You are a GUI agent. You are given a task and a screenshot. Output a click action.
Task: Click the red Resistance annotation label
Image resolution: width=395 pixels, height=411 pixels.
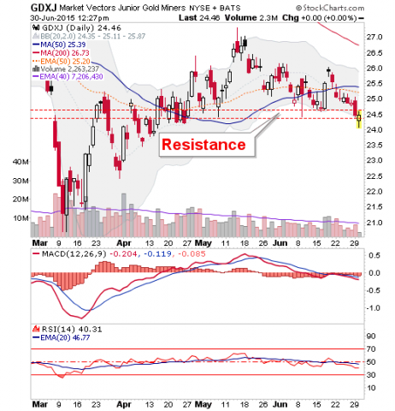(x=208, y=144)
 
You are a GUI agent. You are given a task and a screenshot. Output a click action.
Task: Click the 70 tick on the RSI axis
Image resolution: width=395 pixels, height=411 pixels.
(x=373, y=348)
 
